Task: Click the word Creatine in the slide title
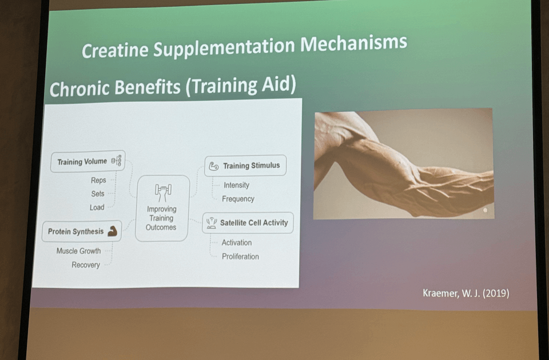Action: coord(115,50)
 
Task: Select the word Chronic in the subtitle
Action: coord(79,89)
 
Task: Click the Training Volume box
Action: coord(87,161)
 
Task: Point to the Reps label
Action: coord(98,180)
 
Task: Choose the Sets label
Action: coord(98,194)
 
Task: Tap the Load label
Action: coord(97,207)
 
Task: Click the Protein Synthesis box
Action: coord(82,231)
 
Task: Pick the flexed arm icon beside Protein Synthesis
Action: coord(113,231)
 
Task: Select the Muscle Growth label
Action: coord(78,251)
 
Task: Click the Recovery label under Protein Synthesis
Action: coord(86,265)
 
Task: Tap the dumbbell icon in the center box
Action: coord(163,193)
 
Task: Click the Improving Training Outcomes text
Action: coord(161,218)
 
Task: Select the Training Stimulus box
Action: coord(245,166)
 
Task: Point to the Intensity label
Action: coord(236,185)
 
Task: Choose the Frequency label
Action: coord(238,199)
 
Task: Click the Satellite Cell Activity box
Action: coord(248,223)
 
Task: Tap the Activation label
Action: coord(237,242)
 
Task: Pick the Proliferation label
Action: coord(241,257)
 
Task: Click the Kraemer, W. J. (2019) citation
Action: coord(466,293)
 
